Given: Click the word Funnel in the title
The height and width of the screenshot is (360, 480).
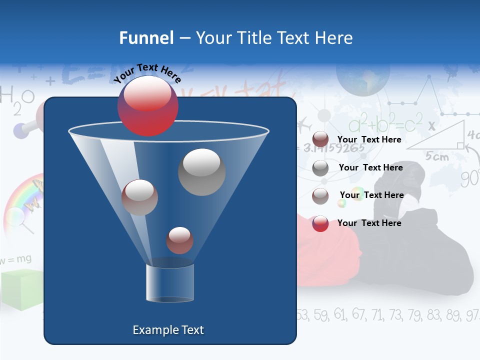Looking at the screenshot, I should click(x=146, y=38).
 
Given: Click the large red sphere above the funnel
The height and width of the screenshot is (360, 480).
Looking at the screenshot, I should click(x=147, y=105).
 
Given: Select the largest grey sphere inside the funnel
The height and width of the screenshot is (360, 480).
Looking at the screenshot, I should click(x=201, y=171).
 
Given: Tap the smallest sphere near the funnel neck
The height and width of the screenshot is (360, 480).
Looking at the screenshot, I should click(x=179, y=240).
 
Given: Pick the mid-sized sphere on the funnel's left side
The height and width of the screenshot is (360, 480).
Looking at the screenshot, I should click(x=139, y=197).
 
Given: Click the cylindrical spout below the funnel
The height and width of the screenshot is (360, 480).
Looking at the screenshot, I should click(x=170, y=283).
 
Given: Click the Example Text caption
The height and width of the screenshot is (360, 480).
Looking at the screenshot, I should click(x=168, y=330).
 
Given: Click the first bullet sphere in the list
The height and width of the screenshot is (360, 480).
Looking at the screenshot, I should click(x=320, y=139).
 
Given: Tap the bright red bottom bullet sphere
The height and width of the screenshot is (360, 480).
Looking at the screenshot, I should click(x=320, y=223).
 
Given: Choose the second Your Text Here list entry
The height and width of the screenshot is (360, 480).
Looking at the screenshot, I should click(x=370, y=167).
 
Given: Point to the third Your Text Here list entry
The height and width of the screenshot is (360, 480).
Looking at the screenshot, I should click(x=371, y=195).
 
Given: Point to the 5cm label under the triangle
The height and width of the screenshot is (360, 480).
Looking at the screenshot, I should click(x=437, y=156).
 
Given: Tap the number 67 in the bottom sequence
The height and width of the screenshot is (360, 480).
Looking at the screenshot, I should click(x=358, y=314).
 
